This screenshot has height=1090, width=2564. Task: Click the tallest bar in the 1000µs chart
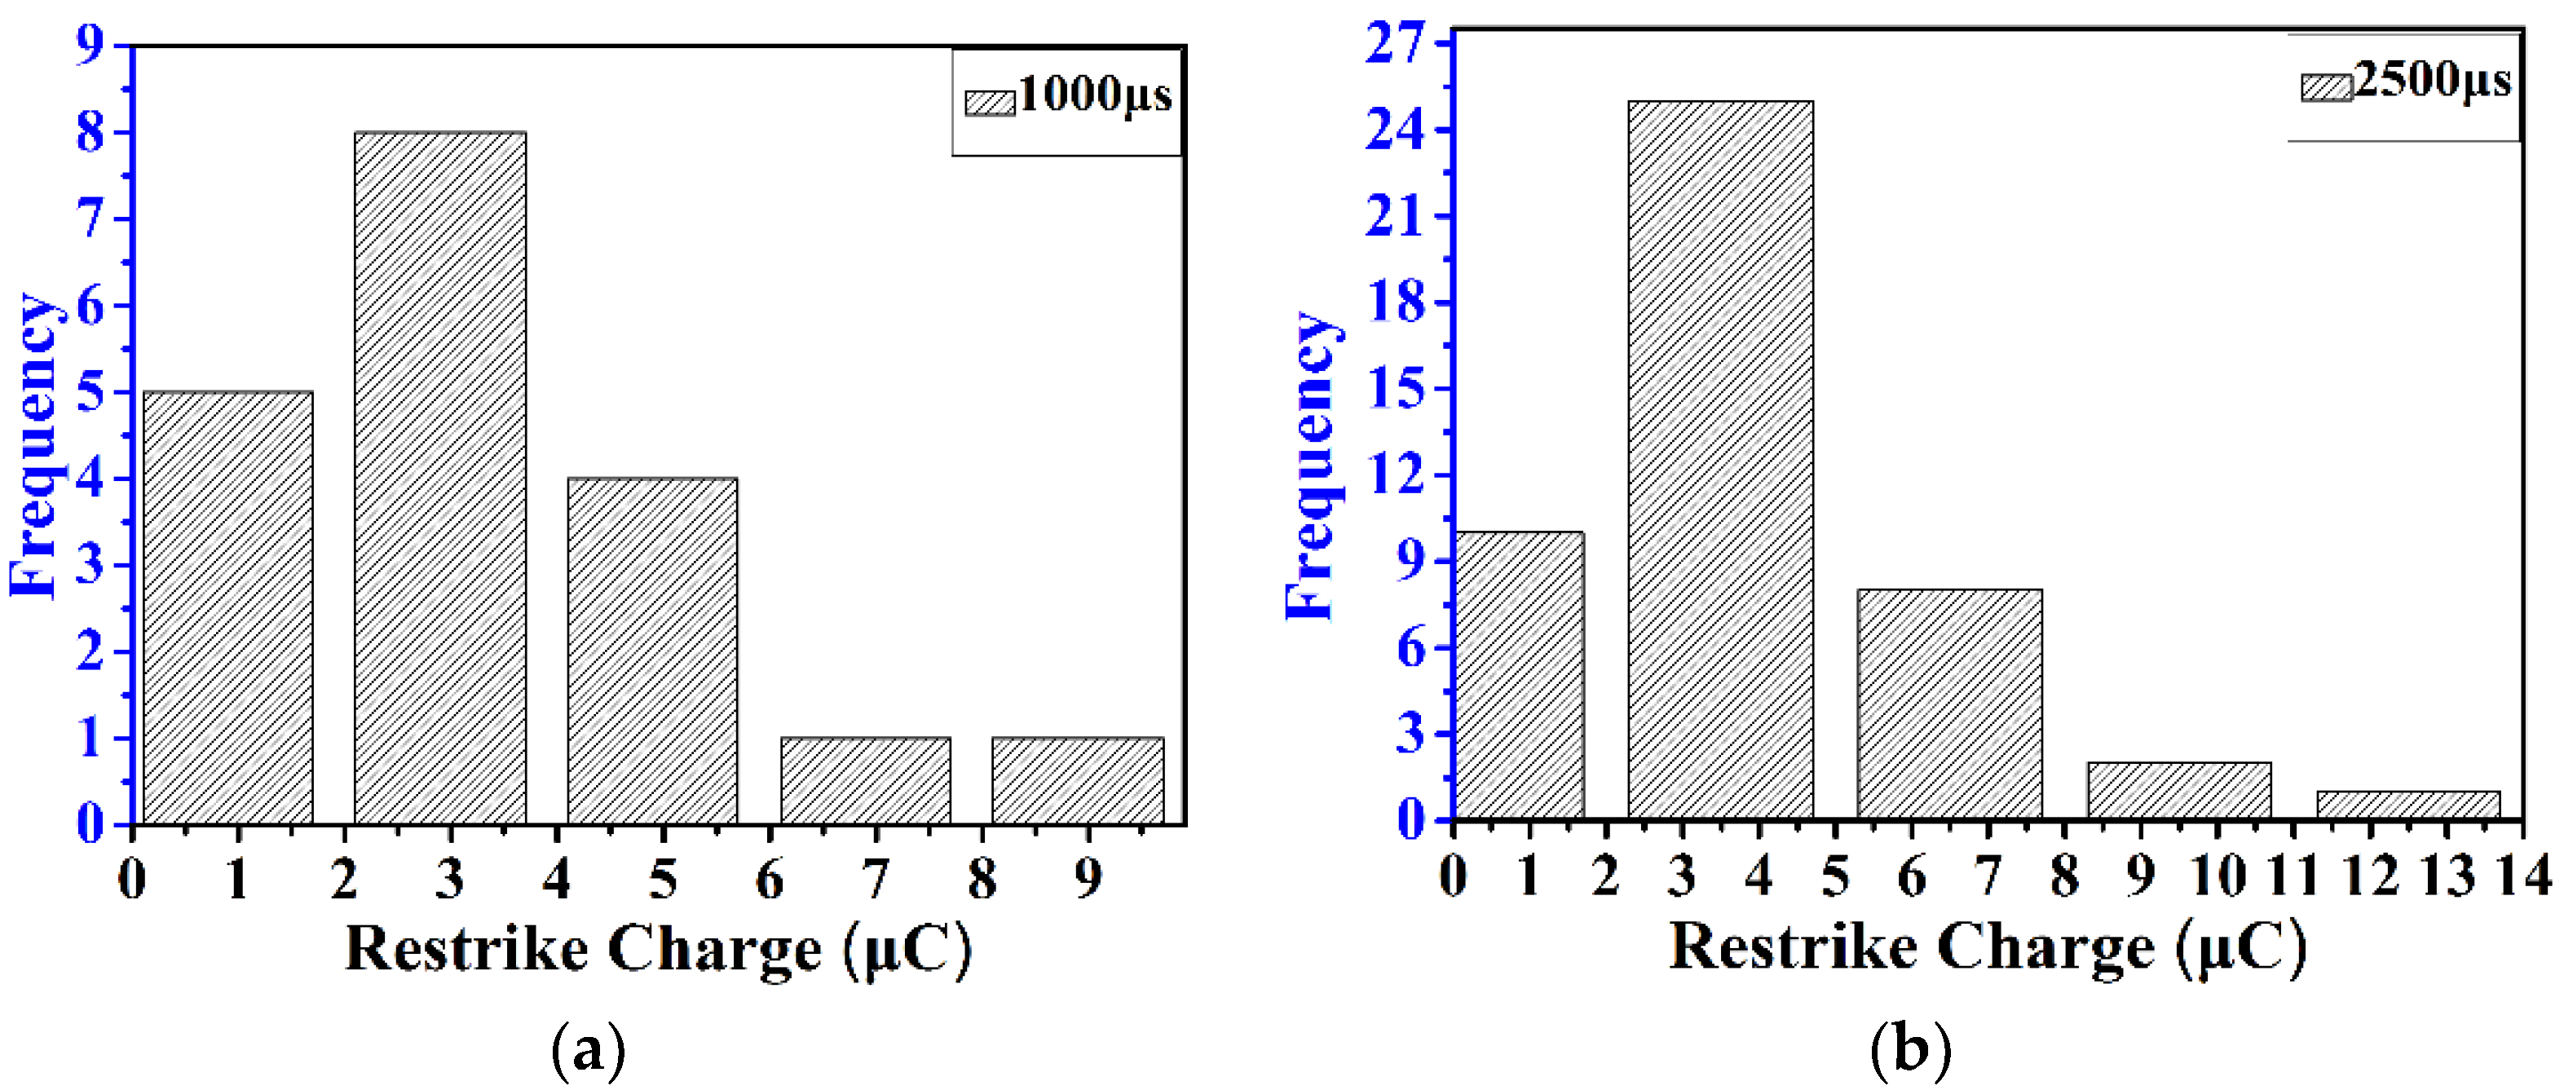(440, 478)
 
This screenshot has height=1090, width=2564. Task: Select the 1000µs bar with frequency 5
(228, 607)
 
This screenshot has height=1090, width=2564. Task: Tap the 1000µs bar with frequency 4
(652, 651)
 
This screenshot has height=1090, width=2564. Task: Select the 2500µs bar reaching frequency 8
(1948, 704)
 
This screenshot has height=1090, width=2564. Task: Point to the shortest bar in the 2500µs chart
(2407, 805)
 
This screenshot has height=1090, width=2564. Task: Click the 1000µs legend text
(1095, 95)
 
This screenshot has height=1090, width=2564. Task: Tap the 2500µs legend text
(2432, 81)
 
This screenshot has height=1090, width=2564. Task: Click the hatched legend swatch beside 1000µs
(990, 103)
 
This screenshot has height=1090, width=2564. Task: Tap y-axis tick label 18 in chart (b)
(1396, 302)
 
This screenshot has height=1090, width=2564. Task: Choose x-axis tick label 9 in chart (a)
(1088, 878)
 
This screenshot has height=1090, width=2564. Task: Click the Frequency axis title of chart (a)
(34, 445)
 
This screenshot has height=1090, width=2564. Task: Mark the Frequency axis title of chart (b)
(1311, 466)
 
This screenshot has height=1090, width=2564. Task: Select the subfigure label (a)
(589, 1050)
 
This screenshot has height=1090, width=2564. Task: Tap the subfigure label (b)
(1910, 1048)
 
